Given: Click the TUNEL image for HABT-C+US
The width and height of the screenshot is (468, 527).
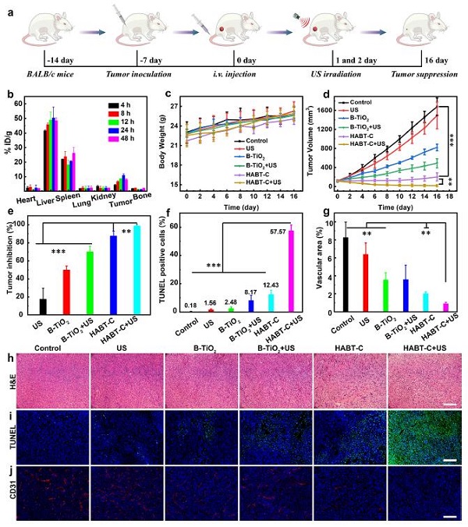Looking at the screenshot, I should pos(422,440).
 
